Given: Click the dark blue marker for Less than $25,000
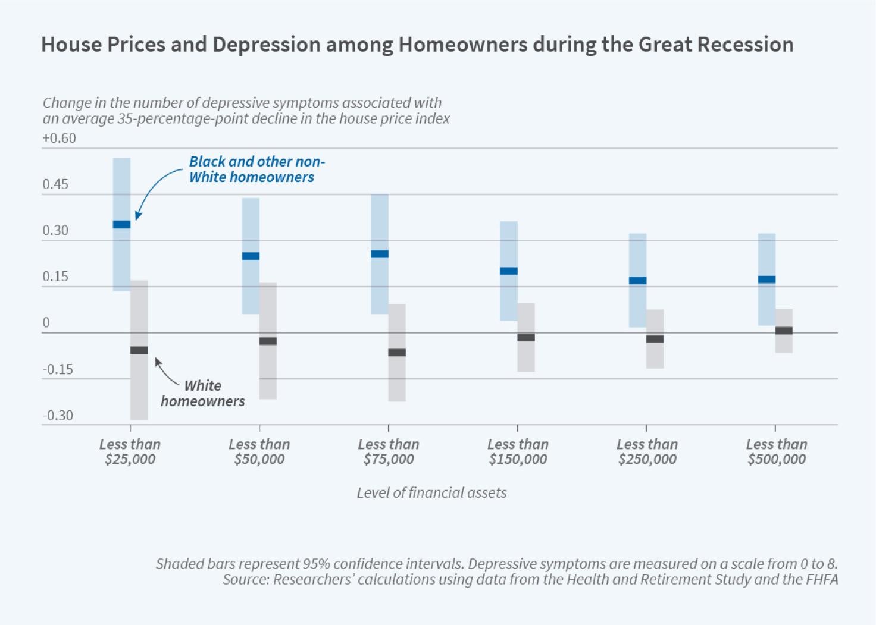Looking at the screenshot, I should coord(121,224).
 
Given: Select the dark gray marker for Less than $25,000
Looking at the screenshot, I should coord(139,350).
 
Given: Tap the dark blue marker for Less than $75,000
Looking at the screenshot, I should coord(380,254).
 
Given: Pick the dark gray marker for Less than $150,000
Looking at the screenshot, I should coord(526,337).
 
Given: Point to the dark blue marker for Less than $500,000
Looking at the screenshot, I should coord(766,279).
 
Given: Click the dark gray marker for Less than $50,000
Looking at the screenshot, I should coord(268,341).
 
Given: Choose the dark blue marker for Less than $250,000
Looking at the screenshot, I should coord(637,280).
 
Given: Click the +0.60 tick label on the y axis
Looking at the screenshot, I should coord(59,138).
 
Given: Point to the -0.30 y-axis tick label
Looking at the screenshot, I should coord(58,416).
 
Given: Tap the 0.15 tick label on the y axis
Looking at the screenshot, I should coord(55,277).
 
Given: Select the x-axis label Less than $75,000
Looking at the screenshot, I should coord(389,451).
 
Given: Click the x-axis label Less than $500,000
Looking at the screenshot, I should coord(777,451).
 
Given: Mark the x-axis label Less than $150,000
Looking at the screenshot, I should coord(518,451).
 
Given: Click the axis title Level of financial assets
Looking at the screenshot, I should coord(431,492).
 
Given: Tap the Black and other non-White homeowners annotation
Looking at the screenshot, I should coord(256,169).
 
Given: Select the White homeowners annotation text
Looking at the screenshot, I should coord(203,393).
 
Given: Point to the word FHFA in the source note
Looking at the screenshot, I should coord(821,579).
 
